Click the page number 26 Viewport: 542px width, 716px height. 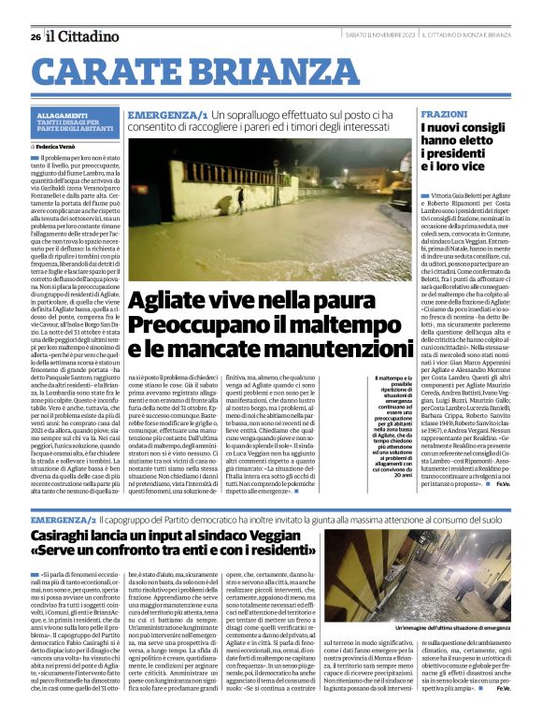[x=35, y=36]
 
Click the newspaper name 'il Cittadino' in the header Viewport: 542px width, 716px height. [x=82, y=36]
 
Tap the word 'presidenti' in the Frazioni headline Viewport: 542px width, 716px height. [x=458, y=153]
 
